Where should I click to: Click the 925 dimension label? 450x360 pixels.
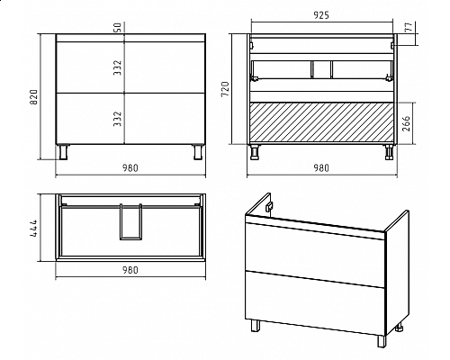click(x=321, y=15)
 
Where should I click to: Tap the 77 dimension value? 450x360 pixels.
click(x=409, y=27)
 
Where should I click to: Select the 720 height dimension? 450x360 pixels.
click(x=225, y=89)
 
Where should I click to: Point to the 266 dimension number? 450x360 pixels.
click(x=406, y=123)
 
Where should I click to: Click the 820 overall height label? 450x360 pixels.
click(x=33, y=96)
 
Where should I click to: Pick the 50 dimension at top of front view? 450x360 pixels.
click(x=118, y=27)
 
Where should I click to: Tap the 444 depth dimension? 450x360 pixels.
click(x=33, y=228)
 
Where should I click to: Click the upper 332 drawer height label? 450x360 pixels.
click(x=118, y=67)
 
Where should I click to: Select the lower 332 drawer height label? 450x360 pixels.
click(x=118, y=119)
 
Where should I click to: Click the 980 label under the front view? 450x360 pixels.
click(x=130, y=168)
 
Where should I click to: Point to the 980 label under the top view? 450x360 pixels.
click(x=130, y=270)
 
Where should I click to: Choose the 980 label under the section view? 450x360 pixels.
click(x=321, y=168)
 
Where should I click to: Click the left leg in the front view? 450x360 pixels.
click(x=64, y=152)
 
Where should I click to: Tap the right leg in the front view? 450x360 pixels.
click(x=198, y=152)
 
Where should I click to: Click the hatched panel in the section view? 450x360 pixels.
click(x=322, y=122)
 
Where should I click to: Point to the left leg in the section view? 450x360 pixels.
click(x=255, y=152)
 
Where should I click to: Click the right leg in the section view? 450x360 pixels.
click(x=389, y=152)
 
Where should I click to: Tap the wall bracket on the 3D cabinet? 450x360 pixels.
click(x=270, y=206)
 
